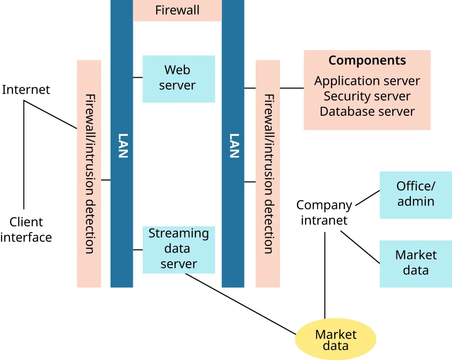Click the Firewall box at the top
[177, 10]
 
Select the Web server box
[178, 78]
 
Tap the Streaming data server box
[178, 249]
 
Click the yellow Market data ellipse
[335, 339]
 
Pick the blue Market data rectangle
[415, 263]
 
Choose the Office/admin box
[415, 195]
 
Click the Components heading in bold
[367, 61]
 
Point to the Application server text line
[367, 81]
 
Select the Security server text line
[367, 96]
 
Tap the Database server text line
[367, 111]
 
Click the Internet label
[26, 90]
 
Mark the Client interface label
[26, 230]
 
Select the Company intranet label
[324, 213]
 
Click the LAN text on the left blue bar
[122, 145]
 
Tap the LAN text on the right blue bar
[233, 145]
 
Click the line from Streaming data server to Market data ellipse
[241, 304]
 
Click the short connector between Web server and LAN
[138, 78]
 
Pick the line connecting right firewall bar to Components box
[292, 88]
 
